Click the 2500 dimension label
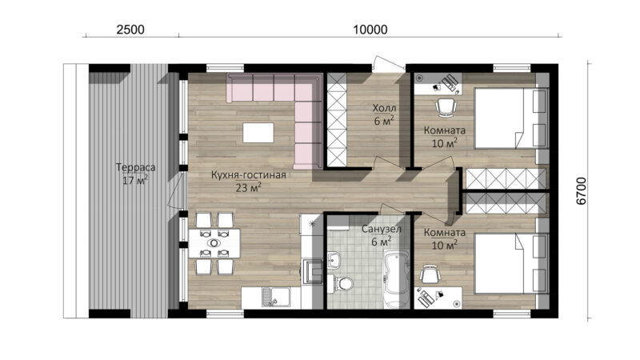(130, 30)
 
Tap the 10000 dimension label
(370, 30)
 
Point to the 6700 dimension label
(582, 190)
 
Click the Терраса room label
(135, 167)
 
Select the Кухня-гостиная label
(249, 175)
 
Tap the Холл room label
(384, 108)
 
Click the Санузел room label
(382, 229)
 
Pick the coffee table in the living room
(258, 133)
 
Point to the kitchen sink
(270, 297)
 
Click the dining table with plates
(214, 243)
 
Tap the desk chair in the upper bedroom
(446, 107)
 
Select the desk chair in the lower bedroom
(430, 274)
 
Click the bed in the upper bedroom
(510, 118)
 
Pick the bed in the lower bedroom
(510, 263)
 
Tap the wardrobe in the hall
(337, 120)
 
